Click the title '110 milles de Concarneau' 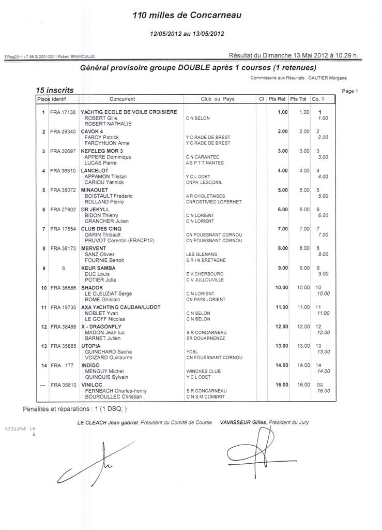pos(187,16)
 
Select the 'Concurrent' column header pos(123,99)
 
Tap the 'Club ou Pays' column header pos(218,99)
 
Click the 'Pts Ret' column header pos(278,99)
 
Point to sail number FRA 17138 pos(63,112)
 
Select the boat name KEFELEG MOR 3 pos(102,151)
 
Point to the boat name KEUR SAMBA pos(98,268)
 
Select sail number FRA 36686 pos(63,288)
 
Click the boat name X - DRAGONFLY pos(101,327)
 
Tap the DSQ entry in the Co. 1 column pos(320,385)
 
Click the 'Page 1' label pos(350,91)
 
